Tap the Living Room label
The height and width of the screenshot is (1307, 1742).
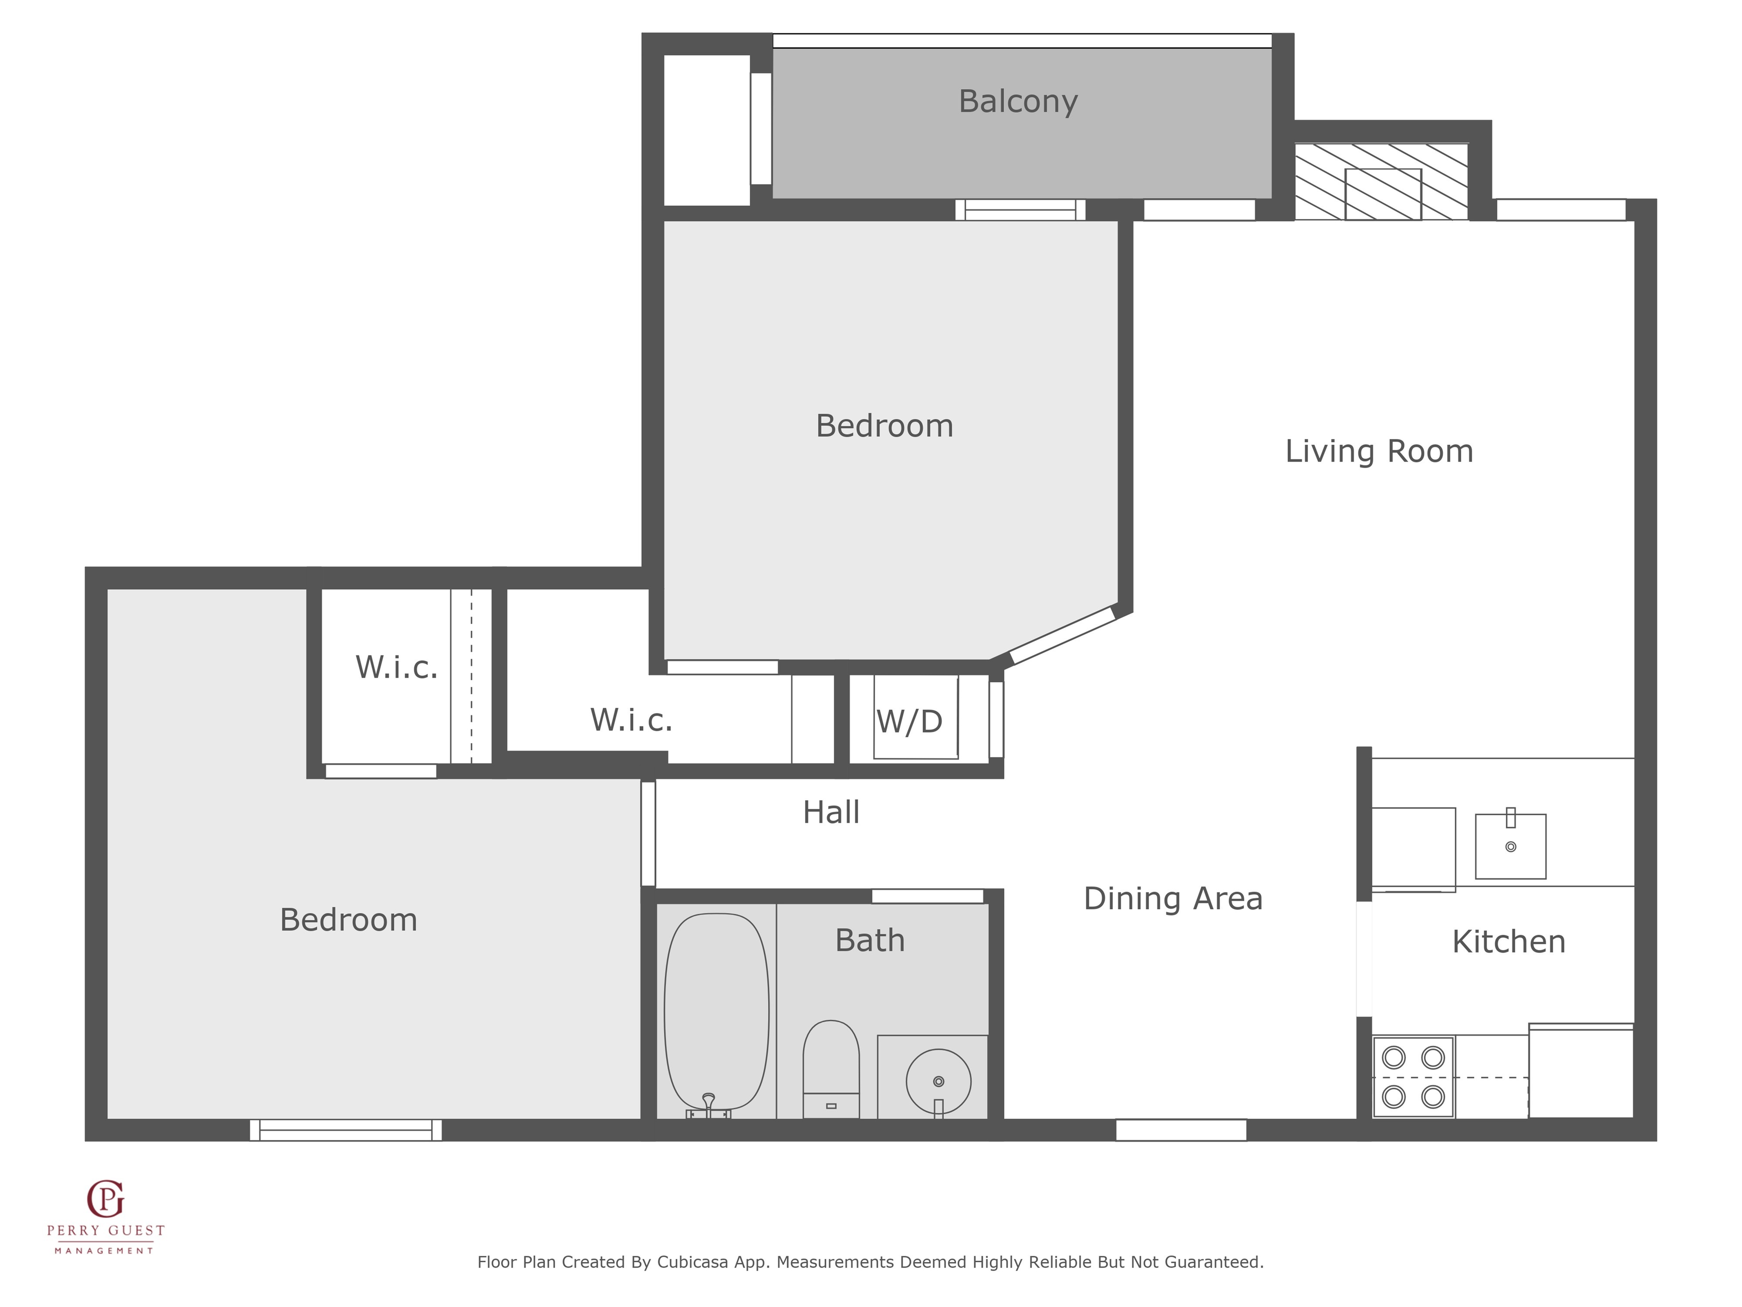tap(1379, 451)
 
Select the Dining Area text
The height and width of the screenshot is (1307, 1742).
tap(1173, 899)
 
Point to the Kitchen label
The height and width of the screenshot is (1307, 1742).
tap(1508, 941)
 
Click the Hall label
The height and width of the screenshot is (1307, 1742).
tap(831, 812)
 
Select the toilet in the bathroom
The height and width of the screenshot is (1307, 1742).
tap(831, 1069)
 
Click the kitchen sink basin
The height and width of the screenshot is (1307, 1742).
tap(1510, 846)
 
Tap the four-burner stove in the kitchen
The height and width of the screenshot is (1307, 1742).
tap(1414, 1077)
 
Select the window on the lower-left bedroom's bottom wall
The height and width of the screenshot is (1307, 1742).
tap(346, 1130)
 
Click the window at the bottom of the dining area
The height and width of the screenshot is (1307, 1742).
tap(1181, 1130)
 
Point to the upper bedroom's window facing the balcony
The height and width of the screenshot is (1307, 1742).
tap(1020, 210)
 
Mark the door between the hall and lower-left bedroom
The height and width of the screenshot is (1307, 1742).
tap(648, 833)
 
